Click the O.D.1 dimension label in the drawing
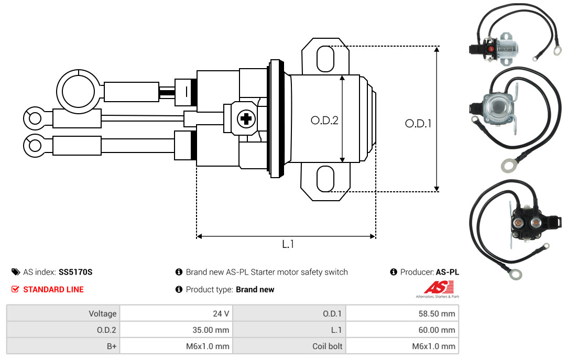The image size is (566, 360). [x=418, y=124]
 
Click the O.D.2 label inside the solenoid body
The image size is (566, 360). [x=324, y=120]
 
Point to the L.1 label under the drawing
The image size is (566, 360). [x=288, y=244]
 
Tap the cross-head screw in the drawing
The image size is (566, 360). [x=246, y=118]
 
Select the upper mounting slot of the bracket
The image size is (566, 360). [x=325, y=59]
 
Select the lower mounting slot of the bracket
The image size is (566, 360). [x=325, y=179]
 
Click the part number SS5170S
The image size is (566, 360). [x=75, y=272]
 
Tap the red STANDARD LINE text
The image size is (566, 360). [x=53, y=289]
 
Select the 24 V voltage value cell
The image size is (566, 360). [x=177, y=313]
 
